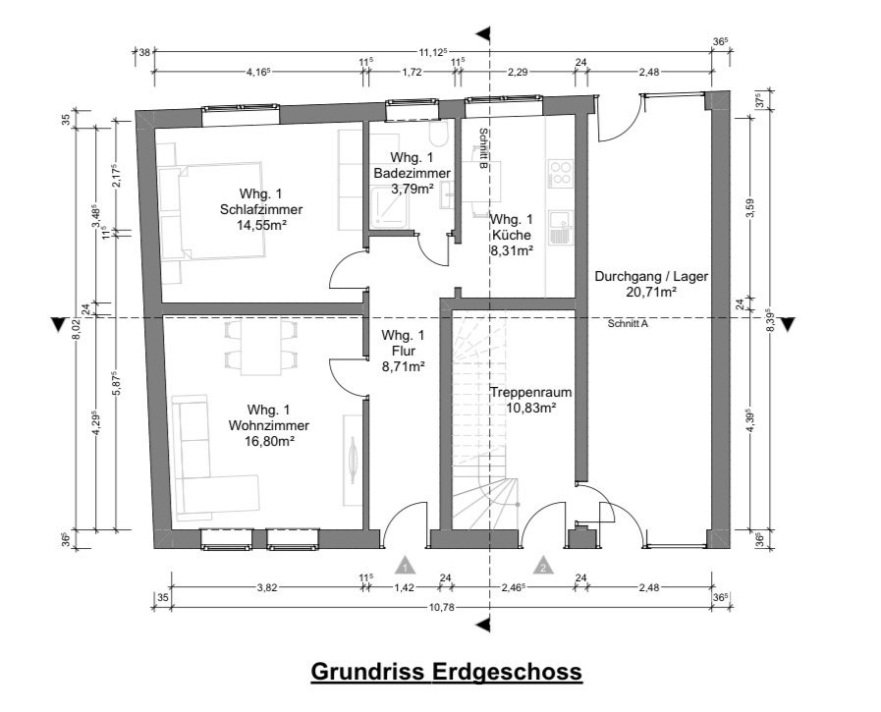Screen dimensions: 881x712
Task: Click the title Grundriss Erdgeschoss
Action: point(446,672)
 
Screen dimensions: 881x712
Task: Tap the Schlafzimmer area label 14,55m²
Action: point(262,225)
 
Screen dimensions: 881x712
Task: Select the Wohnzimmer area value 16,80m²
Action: point(270,441)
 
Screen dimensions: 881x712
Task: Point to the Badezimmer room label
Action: point(413,173)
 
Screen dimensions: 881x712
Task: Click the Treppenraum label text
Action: point(531,392)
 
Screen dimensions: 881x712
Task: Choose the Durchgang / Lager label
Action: point(651,277)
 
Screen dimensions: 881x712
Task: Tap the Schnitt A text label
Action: point(628,324)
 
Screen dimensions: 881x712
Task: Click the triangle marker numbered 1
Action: point(405,566)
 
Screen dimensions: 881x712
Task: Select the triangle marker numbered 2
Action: point(543,566)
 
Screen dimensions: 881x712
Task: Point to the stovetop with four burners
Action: point(561,173)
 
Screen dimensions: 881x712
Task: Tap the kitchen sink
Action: point(560,228)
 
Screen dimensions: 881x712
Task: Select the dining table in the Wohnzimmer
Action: point(260,348)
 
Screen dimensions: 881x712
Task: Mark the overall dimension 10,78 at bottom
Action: point(442,607)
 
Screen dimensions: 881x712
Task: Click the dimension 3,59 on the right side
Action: point(751,206)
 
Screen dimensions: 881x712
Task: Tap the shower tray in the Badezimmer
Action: point(390,207)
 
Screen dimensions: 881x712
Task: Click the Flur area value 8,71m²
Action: point(403,366)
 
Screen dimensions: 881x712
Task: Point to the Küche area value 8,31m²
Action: point(512,250)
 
